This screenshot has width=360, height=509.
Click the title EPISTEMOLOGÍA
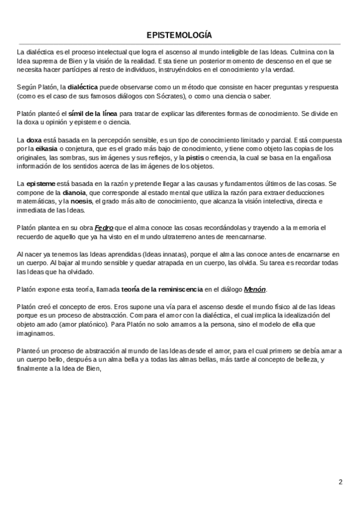coord(179,35)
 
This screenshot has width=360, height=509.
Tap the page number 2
coord(340,481)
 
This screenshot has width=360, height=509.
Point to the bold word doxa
coord(35,139)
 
